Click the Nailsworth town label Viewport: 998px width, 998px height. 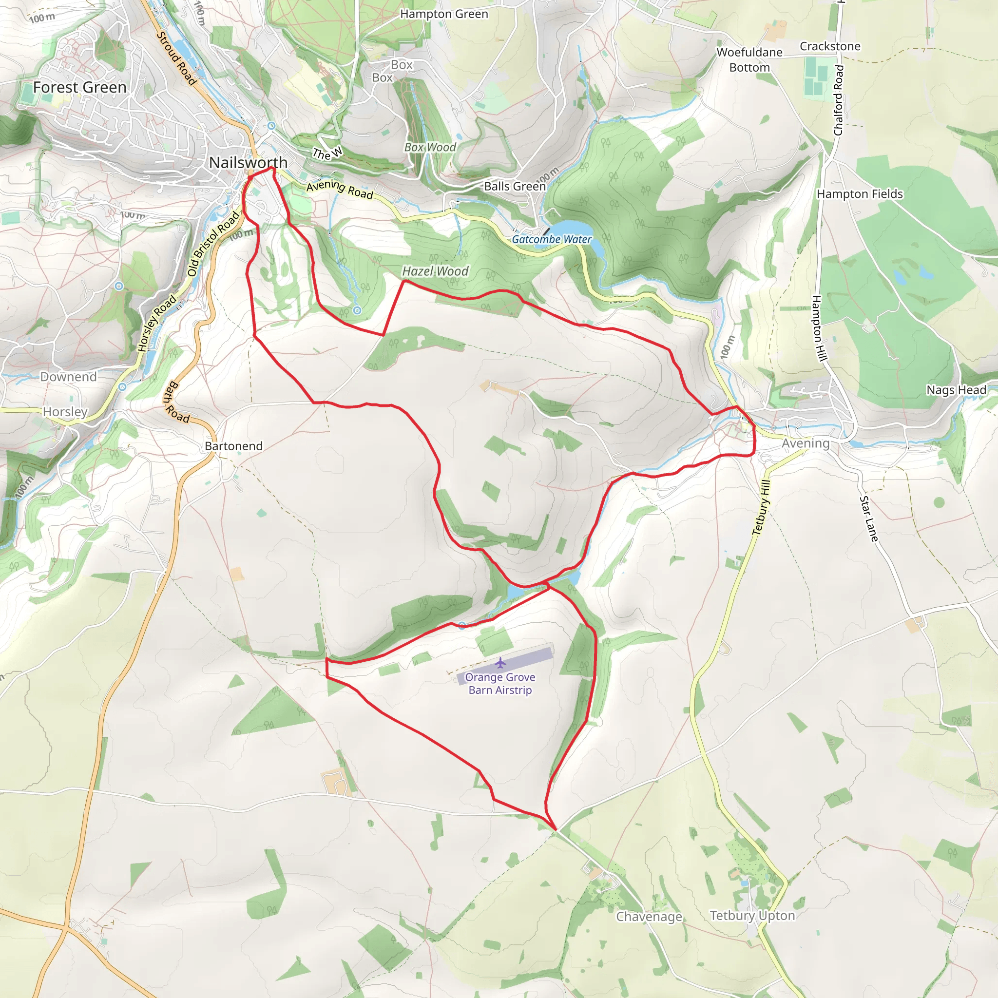tap(248, 162)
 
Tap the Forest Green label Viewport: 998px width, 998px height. tap(79, 87)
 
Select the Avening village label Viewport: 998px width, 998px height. tap(806, 443)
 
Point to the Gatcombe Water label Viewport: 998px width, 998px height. tap(552, 239)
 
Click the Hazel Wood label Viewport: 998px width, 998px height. tap(435, 271)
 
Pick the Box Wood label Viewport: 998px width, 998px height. tap(430, 147)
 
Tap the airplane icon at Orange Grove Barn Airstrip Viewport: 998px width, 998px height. tap(500, 663)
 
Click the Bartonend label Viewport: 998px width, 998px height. tap(233, 446)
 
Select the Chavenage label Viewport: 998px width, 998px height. tap(649, 917)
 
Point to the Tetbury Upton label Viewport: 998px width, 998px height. tap(752, 915)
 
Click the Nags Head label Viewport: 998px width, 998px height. tap(956, 389)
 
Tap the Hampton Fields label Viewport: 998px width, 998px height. tap(860, 194)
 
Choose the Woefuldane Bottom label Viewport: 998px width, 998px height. tap(749, 59)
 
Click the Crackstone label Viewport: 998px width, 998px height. tap(830, 46)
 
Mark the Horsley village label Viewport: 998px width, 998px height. tap(65, 412)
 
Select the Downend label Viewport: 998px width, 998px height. tap(68, 377)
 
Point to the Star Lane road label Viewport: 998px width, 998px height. tap(868, 518)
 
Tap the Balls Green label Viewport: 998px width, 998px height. tap(515, 186)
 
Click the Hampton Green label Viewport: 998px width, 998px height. tap(444, 14)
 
